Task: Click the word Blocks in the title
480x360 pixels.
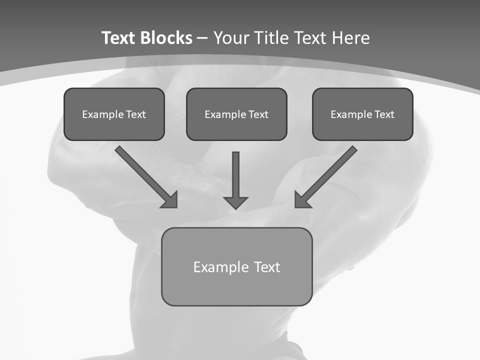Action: coord(166,38)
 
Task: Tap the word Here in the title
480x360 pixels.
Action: coord(350,38)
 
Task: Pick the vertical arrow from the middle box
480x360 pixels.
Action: coord(235,175)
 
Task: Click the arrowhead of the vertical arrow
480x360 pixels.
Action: coord(235,202)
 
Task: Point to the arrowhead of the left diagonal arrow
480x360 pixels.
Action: coord(170,201)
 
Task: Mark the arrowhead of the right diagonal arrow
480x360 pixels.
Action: coord(301,201)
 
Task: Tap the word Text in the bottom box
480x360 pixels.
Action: coord(266,267)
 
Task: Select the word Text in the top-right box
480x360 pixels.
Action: coord(384,114)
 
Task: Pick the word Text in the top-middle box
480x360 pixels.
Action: coord(258,114)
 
